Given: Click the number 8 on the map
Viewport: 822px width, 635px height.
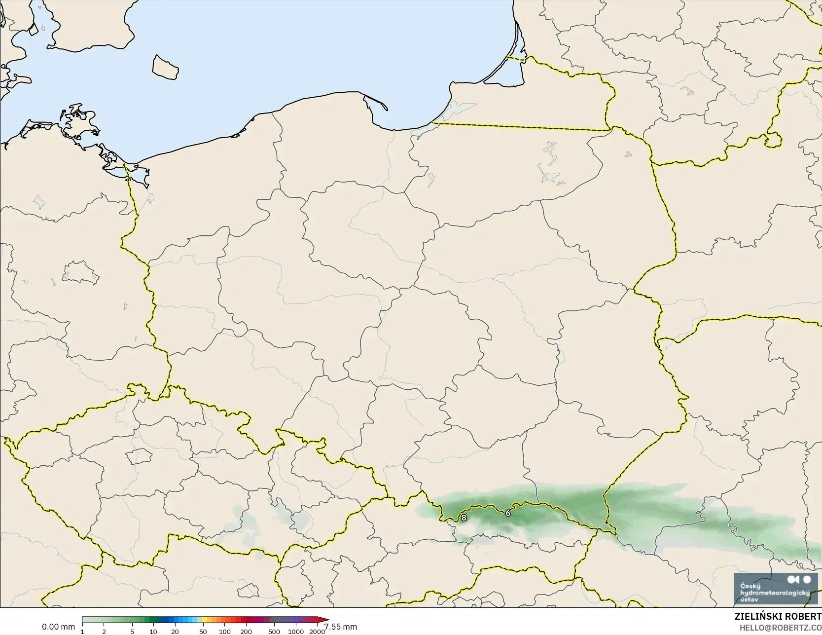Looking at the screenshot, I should (464, 518).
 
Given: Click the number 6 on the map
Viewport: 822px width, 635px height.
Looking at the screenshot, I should (508, 513).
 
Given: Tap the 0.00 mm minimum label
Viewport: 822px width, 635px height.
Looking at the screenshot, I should (58, 627).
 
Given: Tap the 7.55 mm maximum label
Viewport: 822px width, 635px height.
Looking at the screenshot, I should (341, 627).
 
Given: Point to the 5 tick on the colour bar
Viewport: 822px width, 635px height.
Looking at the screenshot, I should (132, 632).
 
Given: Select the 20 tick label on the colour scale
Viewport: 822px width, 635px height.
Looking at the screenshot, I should (175, 632).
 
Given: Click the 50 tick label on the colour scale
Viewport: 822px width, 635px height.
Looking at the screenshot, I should (203, 632).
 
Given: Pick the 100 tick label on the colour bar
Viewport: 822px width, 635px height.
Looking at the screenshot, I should (225, 632).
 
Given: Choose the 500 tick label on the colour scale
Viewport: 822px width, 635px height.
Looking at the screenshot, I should (274, 632).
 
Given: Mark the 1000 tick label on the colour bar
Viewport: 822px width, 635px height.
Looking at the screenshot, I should (296, 632).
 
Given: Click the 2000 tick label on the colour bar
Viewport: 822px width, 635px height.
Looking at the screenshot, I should (317, 632).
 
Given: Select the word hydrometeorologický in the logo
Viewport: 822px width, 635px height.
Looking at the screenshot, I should (775, 593).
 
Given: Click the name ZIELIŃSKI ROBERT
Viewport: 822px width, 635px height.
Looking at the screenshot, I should (778, 617).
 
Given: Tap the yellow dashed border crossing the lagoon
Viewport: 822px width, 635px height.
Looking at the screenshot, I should (515, 58).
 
